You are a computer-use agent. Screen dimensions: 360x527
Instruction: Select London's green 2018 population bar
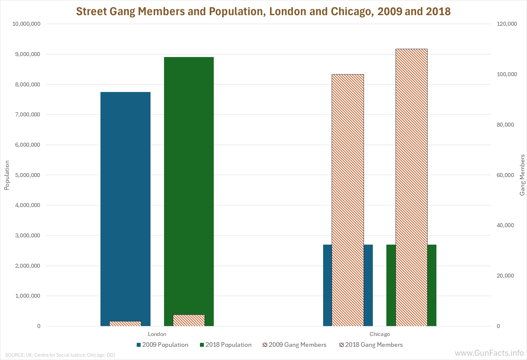(189, 185)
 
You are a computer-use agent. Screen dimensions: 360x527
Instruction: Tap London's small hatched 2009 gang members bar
(125, 324)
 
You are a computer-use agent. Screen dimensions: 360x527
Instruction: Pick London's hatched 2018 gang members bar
(189, 320)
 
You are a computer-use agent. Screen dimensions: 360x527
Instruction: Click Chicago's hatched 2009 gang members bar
(348, 198)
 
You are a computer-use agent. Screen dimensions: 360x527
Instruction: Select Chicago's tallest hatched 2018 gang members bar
(411, 185)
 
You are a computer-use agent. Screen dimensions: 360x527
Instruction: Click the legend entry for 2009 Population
(162, 345)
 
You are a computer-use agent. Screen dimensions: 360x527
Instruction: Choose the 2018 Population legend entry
(226, 345)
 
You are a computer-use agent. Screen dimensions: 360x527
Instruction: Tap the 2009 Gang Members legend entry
(294, 345)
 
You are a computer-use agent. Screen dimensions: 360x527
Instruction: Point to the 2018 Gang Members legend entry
(371, 345)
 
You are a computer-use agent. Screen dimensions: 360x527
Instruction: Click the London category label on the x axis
(157, 334)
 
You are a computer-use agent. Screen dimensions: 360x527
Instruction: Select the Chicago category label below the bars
(379, 334)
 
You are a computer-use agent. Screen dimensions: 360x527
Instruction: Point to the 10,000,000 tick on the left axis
(26, 24)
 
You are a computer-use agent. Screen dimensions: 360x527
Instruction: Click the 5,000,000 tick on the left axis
(28, 175)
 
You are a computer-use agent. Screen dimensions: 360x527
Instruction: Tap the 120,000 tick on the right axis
(507, 24)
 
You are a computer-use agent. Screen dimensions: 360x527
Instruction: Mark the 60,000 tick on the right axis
(505, 175)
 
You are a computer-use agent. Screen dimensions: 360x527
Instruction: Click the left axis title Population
(7, 175)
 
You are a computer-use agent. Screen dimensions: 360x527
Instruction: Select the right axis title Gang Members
(522, 175)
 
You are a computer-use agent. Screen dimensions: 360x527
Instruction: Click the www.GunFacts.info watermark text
(489, 353)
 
